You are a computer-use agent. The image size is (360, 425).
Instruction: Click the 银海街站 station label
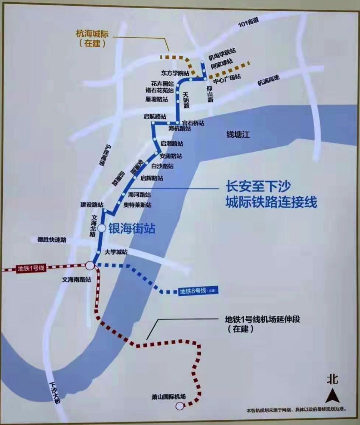[x=132, y=229]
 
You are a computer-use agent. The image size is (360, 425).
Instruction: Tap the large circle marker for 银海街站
[x=102, y=228]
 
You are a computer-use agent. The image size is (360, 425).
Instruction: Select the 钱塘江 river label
[x=238, y=135]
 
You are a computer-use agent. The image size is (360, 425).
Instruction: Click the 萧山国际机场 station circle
[x=180, y=406]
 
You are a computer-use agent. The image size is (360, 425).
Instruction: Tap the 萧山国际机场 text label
[x=168, y=397]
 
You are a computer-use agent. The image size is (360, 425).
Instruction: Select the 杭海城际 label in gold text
[x=92, y=34]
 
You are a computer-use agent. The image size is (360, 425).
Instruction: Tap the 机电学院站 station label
[x=222, y=54]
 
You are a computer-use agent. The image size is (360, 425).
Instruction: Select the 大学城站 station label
[x=116, y=252]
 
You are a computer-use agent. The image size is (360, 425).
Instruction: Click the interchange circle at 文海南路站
[x=90, y=265]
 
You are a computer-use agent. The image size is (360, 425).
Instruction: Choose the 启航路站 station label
[x=155, y=117]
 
